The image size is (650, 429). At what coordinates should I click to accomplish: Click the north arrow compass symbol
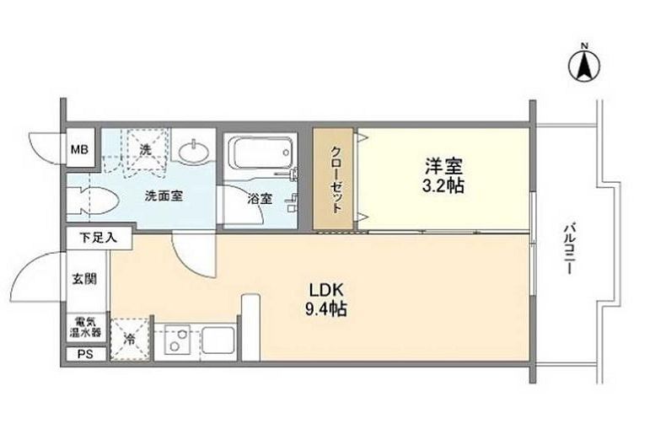583,63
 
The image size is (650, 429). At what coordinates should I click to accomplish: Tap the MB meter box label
78,150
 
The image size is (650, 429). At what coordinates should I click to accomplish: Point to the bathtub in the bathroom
261,154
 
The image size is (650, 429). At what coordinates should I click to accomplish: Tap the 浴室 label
260,200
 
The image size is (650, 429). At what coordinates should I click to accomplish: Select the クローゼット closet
334,179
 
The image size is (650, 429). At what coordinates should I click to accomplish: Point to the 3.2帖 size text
443,186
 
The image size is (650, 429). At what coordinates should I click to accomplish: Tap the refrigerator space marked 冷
132,339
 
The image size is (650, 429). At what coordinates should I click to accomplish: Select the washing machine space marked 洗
144,150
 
